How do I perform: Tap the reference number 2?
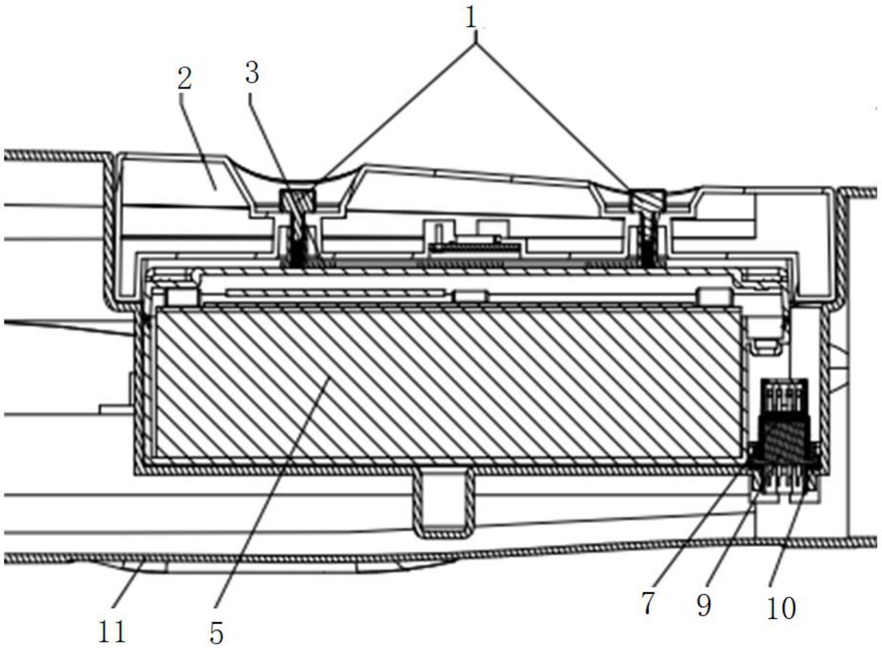pyautogui.click(x=185, y=78)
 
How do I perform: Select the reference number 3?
pyautogui.click(x=252, y=73)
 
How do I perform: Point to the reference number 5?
pyautogui.click(x=217, y=632)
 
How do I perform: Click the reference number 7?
pyautogui.click(x=648, y=603)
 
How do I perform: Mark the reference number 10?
pyautogui.click(x=781, y=608)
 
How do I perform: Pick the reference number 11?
pyautogui.click(x=112, y=632)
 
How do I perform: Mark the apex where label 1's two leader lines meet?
pyautogui.click(x=477, y=43)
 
